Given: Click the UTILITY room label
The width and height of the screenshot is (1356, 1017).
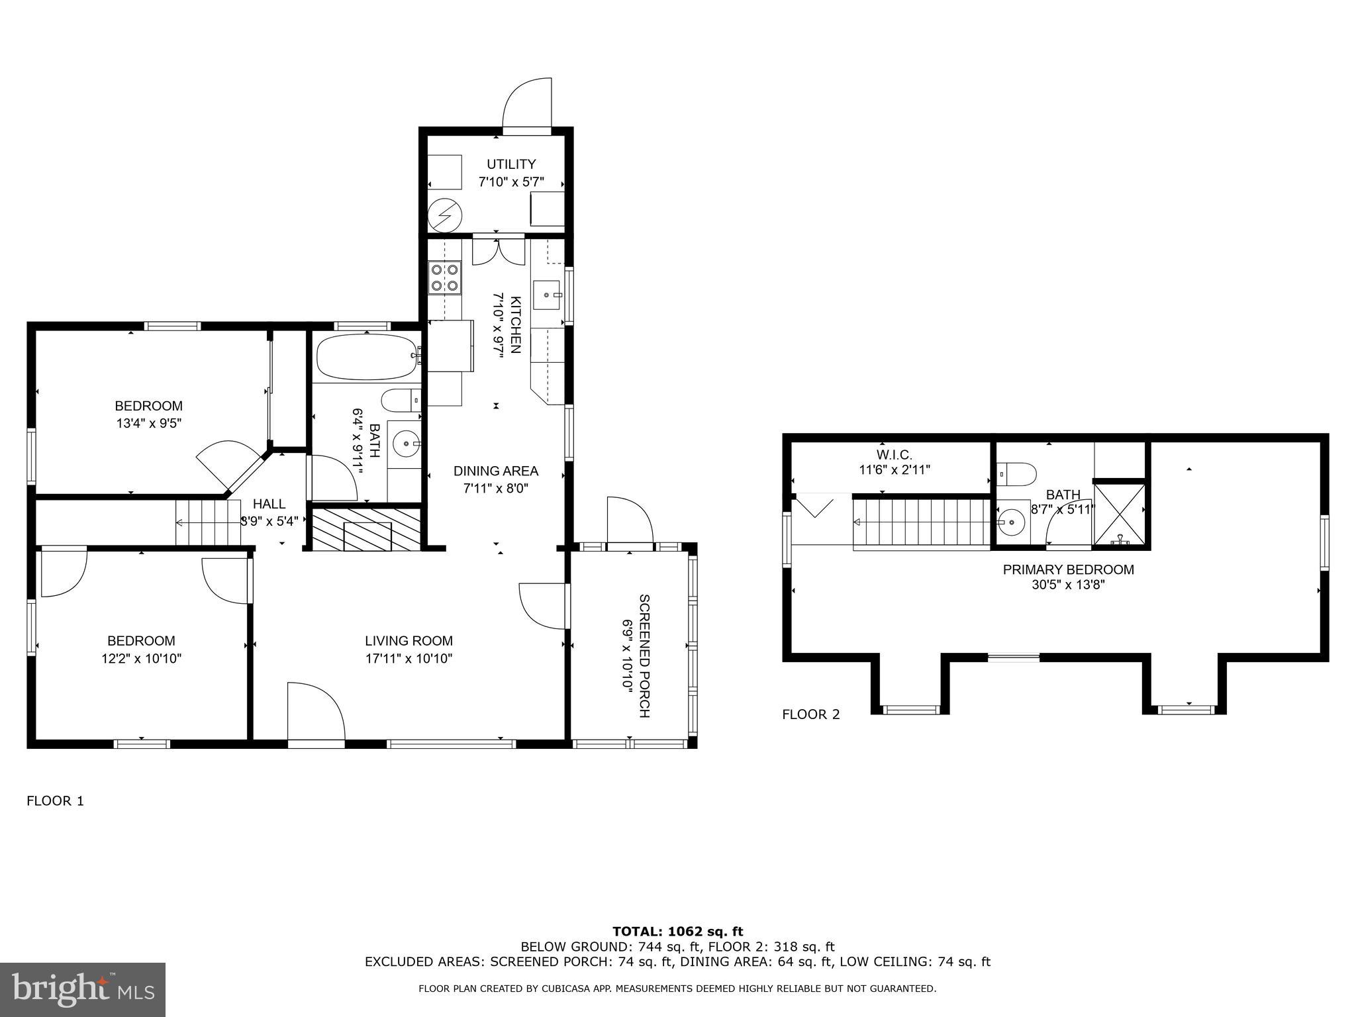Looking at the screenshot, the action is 511,164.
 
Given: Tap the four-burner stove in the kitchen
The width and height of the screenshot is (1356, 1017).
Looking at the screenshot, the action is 445,277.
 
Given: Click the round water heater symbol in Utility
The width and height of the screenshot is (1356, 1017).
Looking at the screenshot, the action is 442,215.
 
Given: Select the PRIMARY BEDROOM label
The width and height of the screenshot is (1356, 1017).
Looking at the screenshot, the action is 1068,569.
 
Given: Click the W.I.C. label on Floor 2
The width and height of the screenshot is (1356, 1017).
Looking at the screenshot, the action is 895,455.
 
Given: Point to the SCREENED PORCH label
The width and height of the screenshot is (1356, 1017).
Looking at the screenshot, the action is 644,655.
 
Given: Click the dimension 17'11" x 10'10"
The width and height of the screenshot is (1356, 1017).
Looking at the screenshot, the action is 409,659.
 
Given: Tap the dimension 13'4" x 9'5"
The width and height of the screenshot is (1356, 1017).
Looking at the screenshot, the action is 149,423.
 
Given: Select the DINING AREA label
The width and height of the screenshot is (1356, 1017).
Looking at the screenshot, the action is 496,471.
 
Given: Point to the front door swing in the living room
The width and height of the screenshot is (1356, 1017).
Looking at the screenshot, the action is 316,711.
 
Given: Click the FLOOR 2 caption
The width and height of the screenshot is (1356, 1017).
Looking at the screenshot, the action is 811,714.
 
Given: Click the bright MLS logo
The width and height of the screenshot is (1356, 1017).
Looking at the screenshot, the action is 83,990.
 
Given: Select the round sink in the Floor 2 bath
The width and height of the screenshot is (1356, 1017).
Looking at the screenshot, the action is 1011,522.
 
